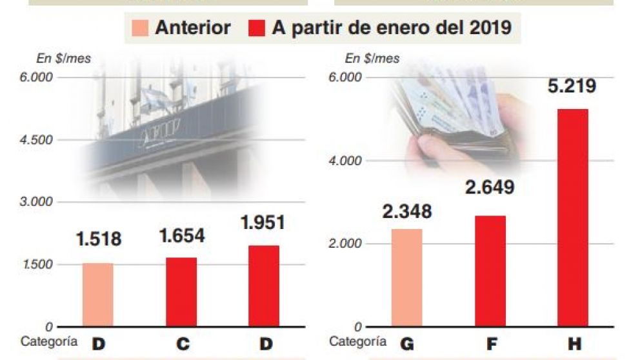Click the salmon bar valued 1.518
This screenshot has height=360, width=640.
click(97, 295)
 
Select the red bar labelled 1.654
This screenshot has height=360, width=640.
click(181, 292)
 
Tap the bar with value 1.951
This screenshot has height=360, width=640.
click(263, 286)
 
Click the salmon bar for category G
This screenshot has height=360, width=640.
click(406, 277)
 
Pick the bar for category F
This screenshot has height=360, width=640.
click(490, 271)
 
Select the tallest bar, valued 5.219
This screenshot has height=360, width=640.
click(573, 217)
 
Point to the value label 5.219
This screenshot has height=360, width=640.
click(572, 86)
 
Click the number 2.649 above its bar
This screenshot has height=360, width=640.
click(490, 188)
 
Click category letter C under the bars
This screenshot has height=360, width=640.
click(183, 344)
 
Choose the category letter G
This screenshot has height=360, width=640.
click(406, 344)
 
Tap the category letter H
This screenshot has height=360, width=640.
click(574, 344)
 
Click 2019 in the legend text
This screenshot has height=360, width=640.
click(490, 28)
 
